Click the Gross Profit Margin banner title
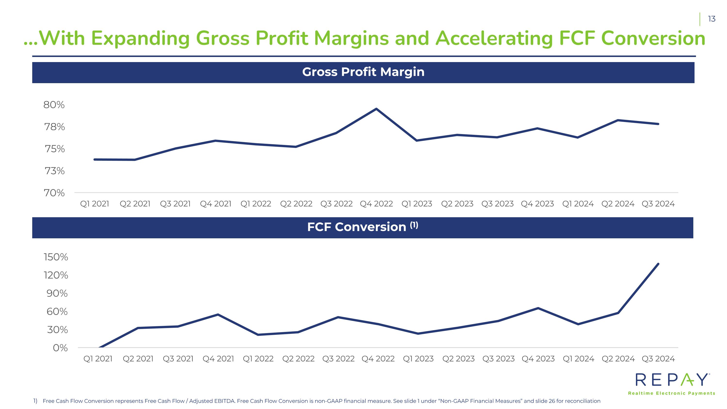363,72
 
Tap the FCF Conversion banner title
362,227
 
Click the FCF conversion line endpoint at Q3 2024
658,264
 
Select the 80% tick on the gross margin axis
54,105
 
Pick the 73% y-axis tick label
55,171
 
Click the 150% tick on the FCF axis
56,257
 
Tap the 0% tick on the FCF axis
60,348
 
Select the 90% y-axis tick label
57,293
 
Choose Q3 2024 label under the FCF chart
658,359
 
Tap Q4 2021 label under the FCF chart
218,359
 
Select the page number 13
712,19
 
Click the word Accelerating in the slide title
494,38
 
